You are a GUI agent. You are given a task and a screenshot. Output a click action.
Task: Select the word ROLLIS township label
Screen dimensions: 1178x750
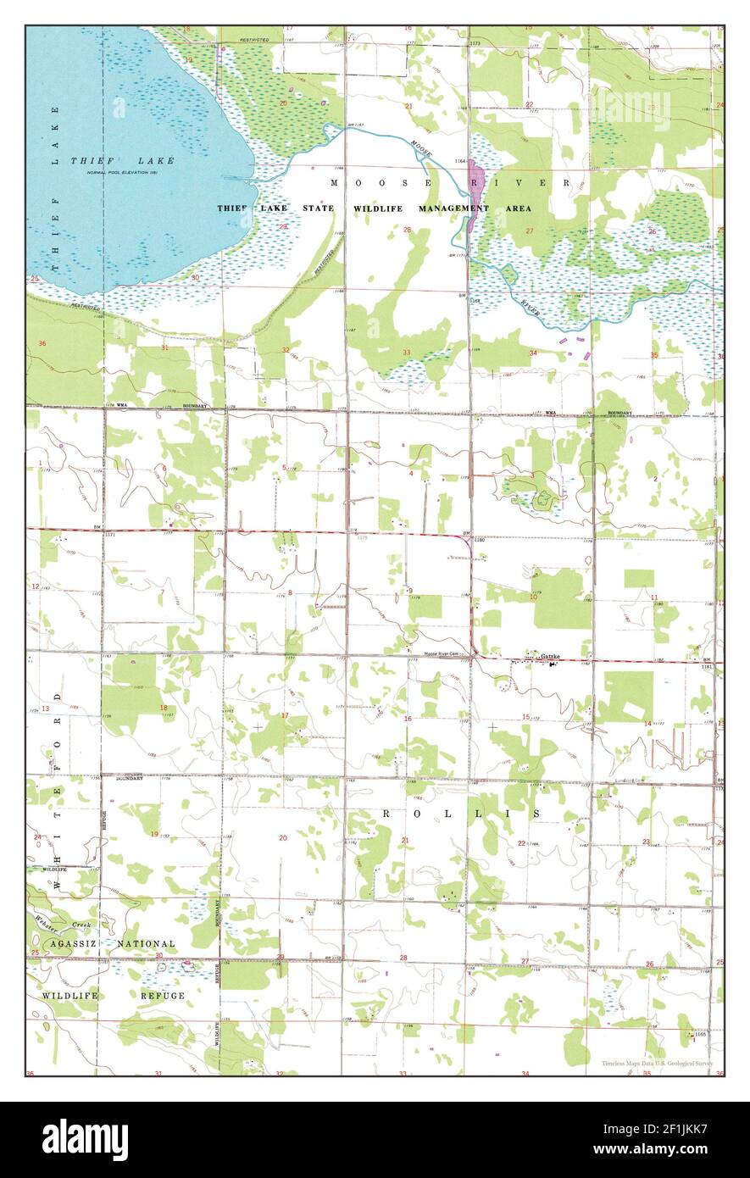point(461,813)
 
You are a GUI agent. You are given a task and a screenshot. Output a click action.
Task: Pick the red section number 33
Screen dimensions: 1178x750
point(407,353)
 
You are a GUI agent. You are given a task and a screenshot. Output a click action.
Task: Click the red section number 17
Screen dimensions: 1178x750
point(285,716)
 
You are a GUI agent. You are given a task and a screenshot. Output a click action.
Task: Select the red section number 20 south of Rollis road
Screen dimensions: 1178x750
point(283,837)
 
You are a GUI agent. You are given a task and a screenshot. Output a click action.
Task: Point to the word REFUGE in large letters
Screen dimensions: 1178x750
point(163,995)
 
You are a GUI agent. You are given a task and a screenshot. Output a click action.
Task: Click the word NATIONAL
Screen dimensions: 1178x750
point(147,943)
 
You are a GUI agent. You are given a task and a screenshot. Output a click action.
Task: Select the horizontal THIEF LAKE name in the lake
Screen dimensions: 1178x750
point(122,160)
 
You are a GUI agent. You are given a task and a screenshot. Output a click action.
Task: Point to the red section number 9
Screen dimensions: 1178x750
point(409,591)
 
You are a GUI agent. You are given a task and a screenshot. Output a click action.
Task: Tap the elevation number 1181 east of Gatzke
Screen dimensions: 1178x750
point(708,668)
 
